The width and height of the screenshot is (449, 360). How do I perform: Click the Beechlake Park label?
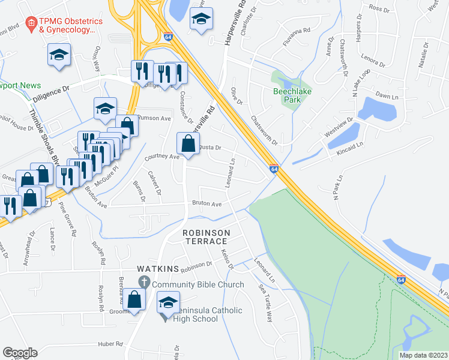[x=286, y=95]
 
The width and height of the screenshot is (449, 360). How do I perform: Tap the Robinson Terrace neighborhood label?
[x=206, y=237]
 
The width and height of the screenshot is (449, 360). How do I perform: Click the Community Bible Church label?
[x=198, y=284]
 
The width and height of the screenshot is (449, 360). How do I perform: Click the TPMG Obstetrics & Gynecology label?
[x=67, y=25]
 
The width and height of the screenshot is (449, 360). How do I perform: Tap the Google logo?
[x=20, y=353]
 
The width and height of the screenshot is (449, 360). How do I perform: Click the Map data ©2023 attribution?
[x=424, y=355]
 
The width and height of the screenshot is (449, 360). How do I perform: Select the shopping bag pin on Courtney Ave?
[x=188, y=144]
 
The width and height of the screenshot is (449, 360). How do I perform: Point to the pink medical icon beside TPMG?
[x=43, y=25]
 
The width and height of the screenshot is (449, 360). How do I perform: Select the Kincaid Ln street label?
[x=351, y=148]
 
